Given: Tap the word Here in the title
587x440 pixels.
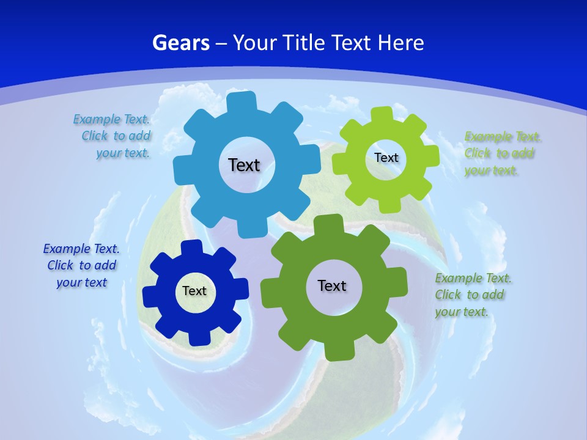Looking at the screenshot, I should pyautogui.click(x=401, y=43).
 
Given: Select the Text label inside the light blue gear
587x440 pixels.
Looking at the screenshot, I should pyautogui.click(x=244, y=165).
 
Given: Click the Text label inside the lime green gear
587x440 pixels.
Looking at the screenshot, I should pyautogui.click(x=386, y=158).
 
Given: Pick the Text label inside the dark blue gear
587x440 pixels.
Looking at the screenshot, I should pyautogui.click(x=194, y=291).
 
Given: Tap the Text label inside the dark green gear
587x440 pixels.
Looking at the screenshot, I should pyautogui.click(x=332, y=285).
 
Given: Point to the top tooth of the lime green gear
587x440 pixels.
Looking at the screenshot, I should pyautogui.click(x=383, y=114).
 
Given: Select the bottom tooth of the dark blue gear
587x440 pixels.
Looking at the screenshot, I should pyautogui.click(x=197, y=337).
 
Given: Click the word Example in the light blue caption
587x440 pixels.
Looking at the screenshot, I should pyautogui.click(x=97, y=119).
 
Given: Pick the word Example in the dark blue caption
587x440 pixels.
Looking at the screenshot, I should pyautogui.click(x=66, y=249).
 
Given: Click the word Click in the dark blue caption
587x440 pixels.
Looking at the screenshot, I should pyautogui.click(x=61, y=265).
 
